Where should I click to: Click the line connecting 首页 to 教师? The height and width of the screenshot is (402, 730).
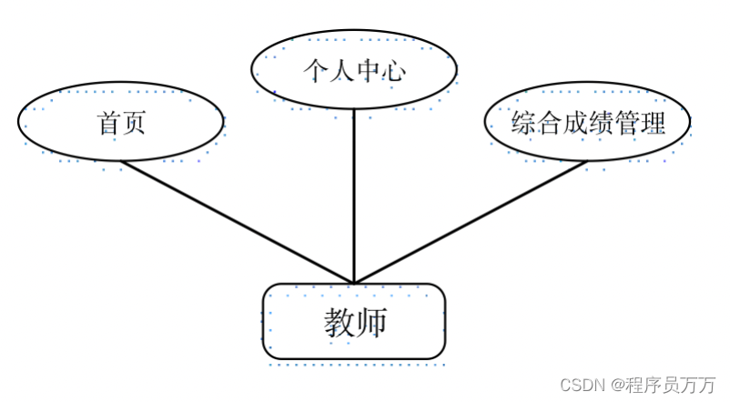238,222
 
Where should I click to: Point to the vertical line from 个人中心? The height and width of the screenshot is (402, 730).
354,196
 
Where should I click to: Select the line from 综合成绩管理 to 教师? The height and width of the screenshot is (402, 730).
471,222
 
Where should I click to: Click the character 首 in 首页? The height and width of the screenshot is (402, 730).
108,123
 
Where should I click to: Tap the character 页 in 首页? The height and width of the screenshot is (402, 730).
134,123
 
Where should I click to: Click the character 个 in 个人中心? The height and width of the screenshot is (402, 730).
316,70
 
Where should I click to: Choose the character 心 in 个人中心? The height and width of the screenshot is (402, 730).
393,70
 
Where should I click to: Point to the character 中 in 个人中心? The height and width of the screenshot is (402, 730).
369,70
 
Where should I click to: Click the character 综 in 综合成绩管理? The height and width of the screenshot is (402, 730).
523,123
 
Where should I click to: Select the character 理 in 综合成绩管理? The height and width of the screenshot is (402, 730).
653,123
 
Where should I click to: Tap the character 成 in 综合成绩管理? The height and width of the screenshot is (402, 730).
575,123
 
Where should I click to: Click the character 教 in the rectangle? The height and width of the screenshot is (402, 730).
340,322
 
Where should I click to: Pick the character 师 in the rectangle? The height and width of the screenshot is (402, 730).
371,322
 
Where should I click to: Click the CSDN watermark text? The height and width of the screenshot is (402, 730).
582,385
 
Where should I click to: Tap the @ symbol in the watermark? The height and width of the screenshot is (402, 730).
617,385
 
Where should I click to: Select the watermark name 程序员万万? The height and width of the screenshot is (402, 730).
671,385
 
